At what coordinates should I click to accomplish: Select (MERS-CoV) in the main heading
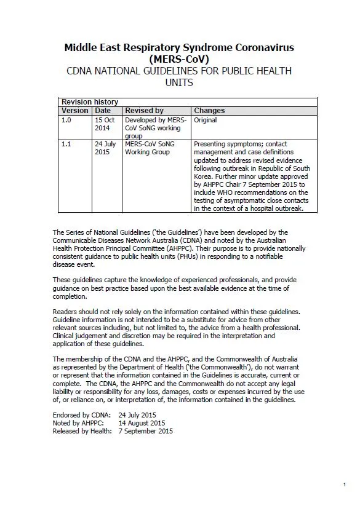point(179,60)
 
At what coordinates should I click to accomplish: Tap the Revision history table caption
point(90,102)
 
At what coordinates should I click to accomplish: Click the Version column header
point(75,111)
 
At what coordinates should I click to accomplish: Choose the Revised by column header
point(144,111)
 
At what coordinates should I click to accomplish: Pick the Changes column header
point(209,111)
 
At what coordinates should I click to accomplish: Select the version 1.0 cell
point(66,120)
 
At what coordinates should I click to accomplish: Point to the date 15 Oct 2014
point(105,124)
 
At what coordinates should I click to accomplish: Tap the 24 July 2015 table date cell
point(105,148)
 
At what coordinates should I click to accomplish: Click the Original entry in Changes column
point(205,120)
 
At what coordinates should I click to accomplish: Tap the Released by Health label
point(82,431)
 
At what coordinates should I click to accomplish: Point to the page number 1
point(345,486)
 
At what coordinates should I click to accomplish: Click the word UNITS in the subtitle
point(179,82)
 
